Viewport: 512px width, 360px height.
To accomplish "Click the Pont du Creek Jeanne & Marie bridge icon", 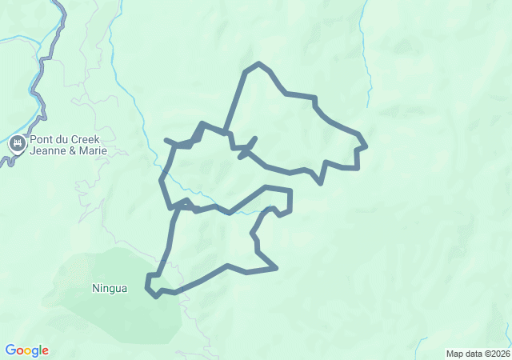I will tap(17, 145).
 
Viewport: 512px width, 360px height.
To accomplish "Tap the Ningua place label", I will tap(110, 288).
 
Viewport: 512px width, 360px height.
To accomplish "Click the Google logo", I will tap(27, 350).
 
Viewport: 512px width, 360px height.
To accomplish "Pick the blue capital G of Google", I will tap(10, 350).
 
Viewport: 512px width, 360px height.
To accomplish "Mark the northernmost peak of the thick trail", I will tap(258, 63).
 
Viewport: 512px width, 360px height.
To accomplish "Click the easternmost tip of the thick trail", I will tap(366, 146).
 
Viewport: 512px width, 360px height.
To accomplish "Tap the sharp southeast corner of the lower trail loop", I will tap(276, 268).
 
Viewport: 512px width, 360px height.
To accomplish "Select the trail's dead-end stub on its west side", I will tap(166, 141).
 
